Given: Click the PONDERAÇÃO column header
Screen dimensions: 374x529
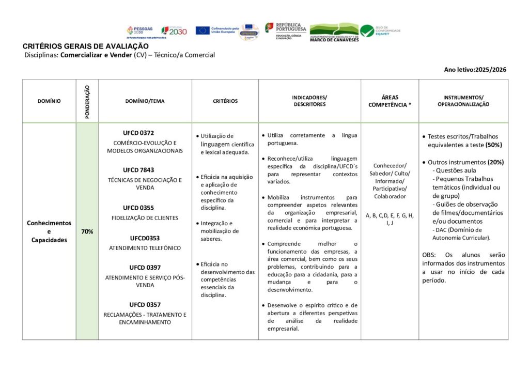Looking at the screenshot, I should coord(87,101).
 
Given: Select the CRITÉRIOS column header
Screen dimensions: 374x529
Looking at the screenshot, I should coord(225,101).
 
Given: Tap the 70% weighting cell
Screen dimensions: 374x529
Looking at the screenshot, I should coord(87,231).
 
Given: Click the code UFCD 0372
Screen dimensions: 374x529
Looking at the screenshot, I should coord(138,133).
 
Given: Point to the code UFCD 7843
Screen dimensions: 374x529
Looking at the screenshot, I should coord(138,170).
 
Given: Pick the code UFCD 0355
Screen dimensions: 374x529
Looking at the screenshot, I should coord(138,208).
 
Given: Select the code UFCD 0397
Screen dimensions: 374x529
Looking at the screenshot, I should coord(145,268).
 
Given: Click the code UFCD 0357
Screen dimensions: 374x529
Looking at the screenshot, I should coord(145,305).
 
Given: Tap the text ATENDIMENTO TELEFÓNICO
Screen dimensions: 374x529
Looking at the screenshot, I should coord(145,248).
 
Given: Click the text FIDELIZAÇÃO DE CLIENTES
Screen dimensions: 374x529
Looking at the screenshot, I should coord(145,218).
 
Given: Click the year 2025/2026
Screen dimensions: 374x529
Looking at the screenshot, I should coord(490,70).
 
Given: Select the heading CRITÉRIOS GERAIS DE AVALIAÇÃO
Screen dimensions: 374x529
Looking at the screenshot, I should coord(86,46).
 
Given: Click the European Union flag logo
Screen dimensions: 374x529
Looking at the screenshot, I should coord(203,30).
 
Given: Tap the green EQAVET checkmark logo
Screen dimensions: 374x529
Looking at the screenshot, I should coord(367,31).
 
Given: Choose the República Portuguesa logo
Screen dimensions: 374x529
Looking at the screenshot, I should coord(286,31).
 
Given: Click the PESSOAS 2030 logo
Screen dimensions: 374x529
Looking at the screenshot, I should coord(139,31).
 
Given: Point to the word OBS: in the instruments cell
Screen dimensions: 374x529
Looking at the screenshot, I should coord(429,255).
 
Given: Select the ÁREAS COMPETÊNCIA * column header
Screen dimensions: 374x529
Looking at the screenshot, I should coord(390,101).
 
